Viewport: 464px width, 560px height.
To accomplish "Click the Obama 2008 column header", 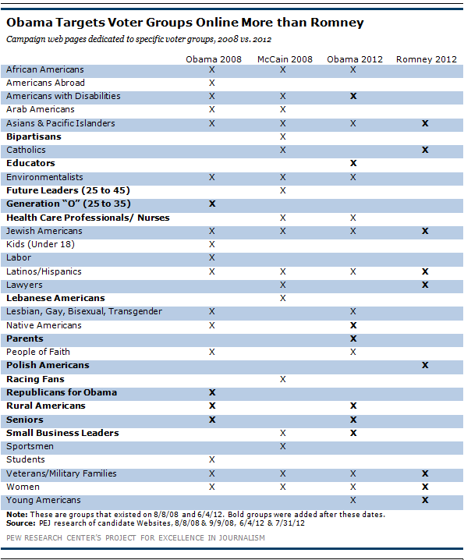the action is (214, 59).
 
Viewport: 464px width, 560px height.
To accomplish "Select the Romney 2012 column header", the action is (426, 59).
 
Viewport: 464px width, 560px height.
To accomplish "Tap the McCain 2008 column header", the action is (285, 59).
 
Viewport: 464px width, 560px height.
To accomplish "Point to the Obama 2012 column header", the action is (355, 59).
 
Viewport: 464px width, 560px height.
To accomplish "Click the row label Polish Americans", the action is (48, 365).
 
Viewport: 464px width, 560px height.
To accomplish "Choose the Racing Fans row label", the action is (35, 379).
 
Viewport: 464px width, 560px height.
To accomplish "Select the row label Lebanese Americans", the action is (55, 298).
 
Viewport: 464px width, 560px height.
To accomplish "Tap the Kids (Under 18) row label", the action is (41, 244).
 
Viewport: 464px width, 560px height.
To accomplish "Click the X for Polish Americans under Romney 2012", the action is (425, 365).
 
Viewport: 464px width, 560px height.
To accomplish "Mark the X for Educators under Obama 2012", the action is (353, 163).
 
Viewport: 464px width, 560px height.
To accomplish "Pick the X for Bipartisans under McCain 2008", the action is (283, 136).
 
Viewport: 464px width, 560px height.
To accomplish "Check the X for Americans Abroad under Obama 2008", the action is (212, 83).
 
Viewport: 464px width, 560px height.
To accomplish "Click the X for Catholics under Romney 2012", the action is (425, 150).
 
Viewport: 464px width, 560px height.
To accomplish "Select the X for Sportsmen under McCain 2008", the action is (283, 446).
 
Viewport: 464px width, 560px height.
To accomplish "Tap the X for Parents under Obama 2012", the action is (353, 338).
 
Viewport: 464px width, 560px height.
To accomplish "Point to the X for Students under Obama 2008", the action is (212, 459).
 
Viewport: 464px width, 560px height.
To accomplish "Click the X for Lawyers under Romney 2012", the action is (425, 285).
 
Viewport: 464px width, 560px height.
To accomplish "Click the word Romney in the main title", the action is (337, 23).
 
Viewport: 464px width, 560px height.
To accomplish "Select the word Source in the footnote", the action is (19, 523).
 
